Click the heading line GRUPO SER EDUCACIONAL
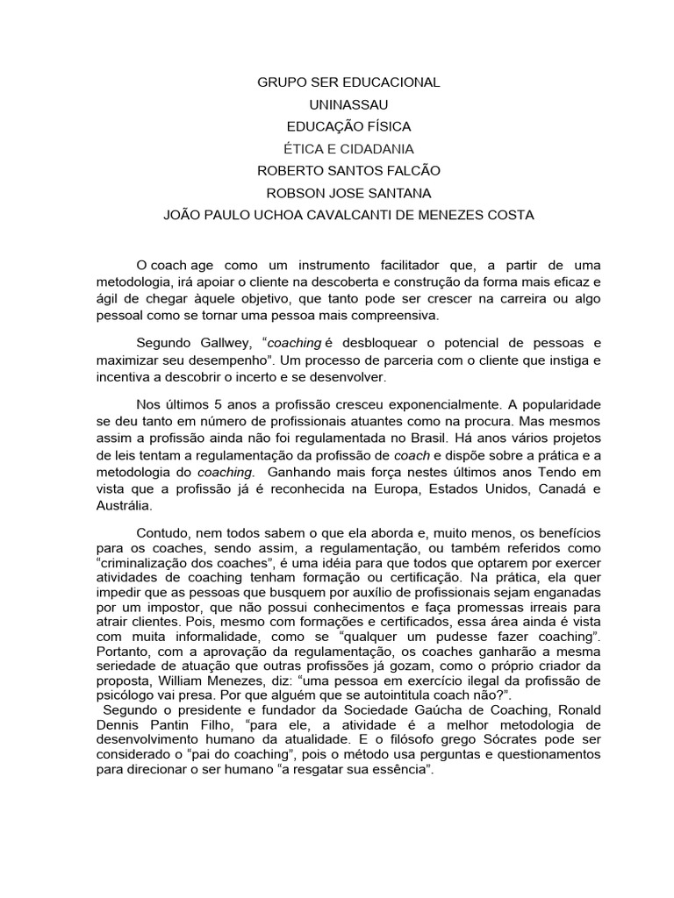348,82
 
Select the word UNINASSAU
348,104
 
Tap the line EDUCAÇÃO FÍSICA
348,126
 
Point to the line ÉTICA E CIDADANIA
348,149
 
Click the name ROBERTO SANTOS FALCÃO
348,171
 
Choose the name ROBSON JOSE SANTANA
348,193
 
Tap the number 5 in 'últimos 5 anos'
219,405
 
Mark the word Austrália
124,506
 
